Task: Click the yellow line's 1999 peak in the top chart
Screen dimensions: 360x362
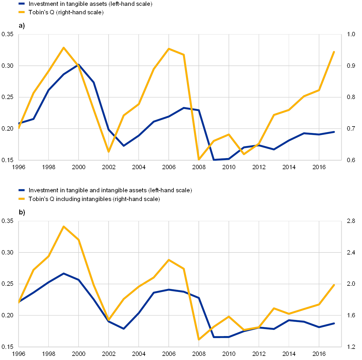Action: point(64,48)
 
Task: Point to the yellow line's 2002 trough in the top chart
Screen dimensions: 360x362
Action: point(109,152)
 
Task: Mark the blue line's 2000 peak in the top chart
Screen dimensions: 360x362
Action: point(79,65)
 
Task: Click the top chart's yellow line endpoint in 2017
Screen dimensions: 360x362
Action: point(334,52)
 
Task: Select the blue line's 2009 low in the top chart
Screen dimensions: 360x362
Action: point(214,160)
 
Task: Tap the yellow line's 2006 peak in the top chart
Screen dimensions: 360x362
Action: point(169,49)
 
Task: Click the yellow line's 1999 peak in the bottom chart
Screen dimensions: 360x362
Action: point(64,226)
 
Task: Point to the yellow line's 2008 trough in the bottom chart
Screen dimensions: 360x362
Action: point(199,340)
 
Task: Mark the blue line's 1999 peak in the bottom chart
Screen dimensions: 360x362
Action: point(64,274)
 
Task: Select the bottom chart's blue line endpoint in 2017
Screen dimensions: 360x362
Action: point(334,323)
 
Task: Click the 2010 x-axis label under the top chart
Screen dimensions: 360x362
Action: point(229,167)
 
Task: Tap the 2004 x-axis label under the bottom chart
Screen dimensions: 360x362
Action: point(139,354)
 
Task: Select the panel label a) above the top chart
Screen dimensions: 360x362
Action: point(22,26)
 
